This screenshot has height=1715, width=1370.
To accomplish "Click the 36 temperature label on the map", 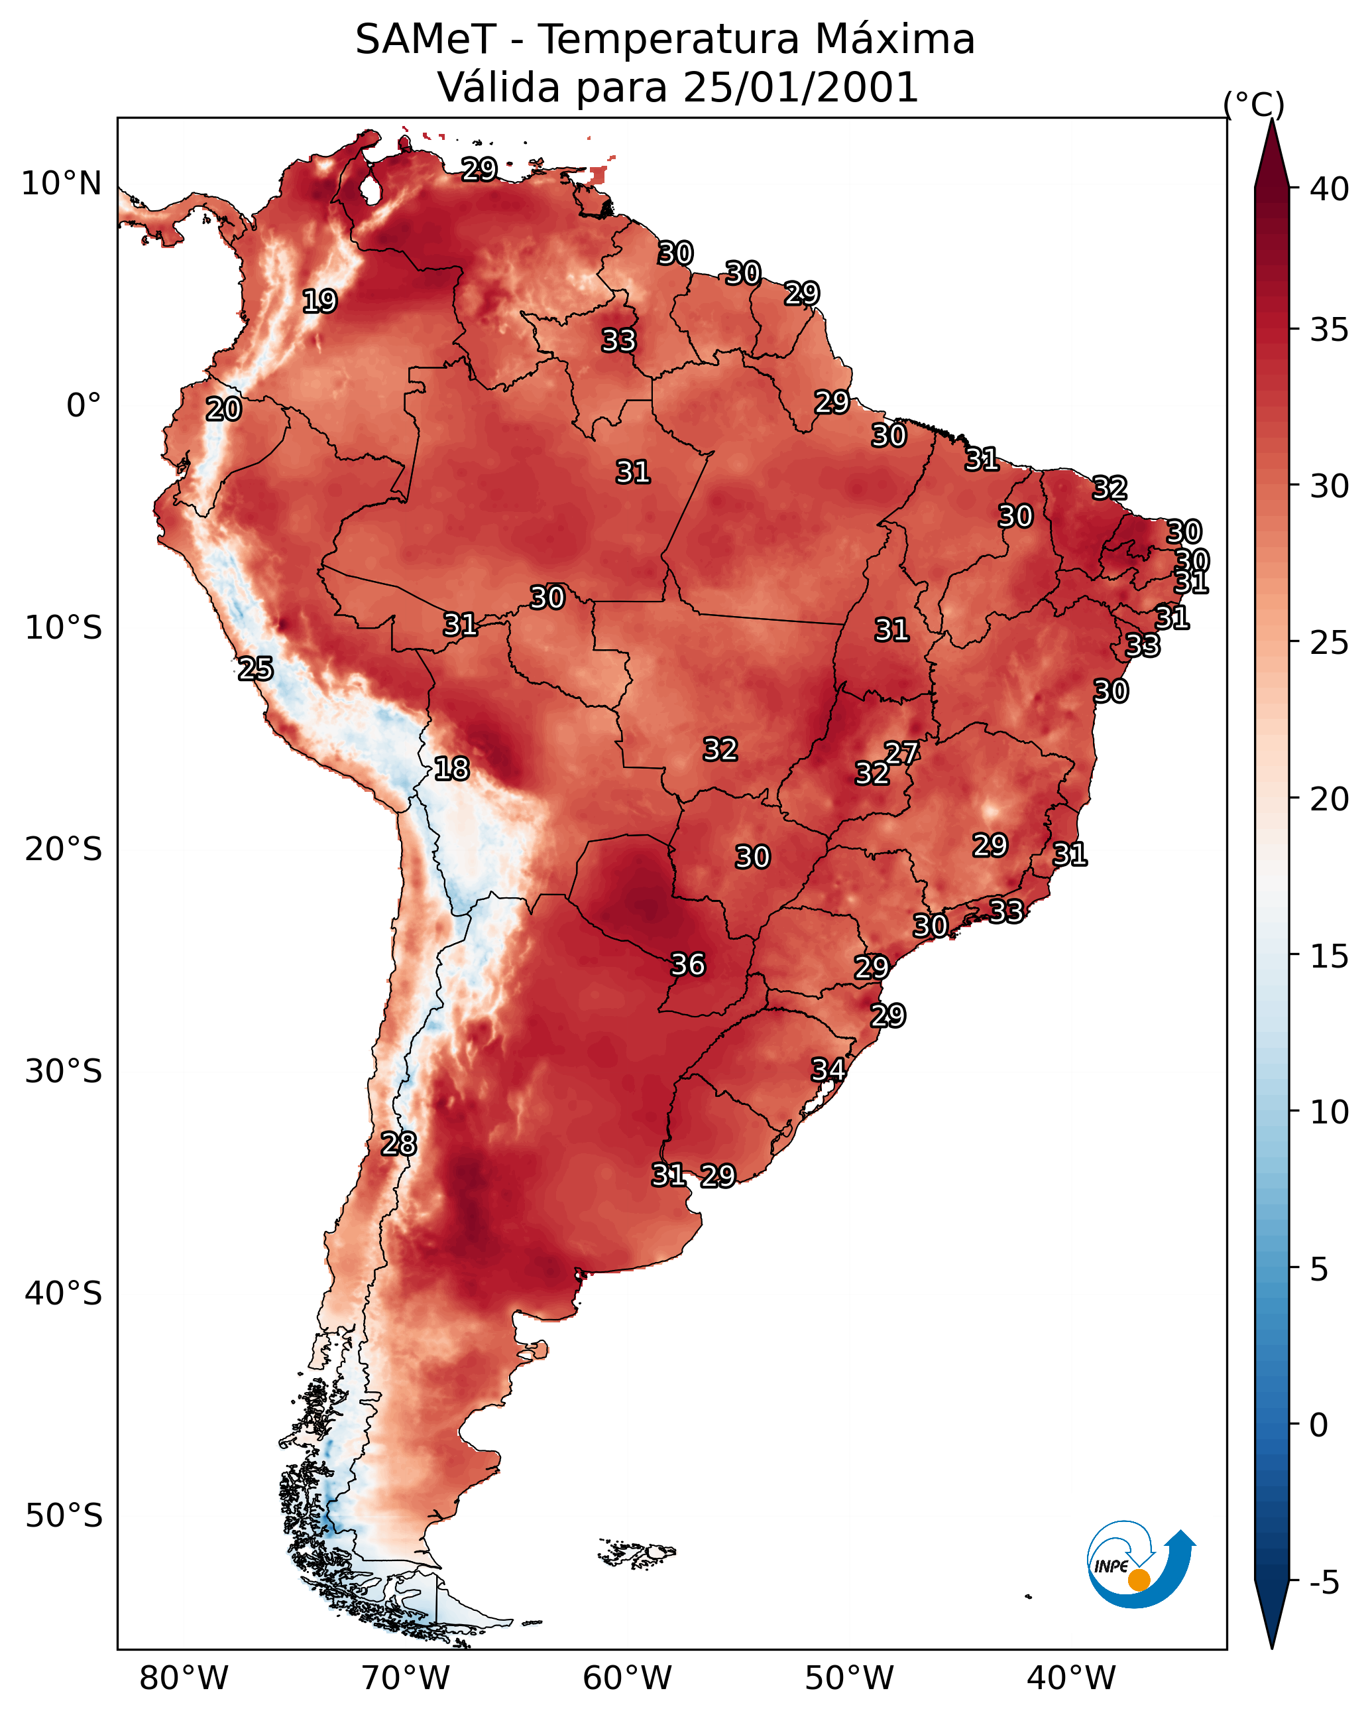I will [688, 964].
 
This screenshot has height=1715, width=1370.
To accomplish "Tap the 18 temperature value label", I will [451, 769].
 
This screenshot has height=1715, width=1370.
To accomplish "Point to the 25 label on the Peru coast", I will [255, 668].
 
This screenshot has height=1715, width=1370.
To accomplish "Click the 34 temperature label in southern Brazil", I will [828, 1069].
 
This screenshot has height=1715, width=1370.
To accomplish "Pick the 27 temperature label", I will [901, 753].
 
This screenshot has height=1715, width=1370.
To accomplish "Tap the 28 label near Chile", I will [398, 1143].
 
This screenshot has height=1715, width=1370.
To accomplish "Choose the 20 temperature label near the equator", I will [223, 409].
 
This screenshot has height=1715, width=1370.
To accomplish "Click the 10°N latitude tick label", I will [61, 184].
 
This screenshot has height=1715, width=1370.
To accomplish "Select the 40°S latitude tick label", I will [64, 1293].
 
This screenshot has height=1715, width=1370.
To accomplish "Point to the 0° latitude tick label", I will [84, 406].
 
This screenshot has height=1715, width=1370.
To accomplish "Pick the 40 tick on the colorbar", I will [1330, 189].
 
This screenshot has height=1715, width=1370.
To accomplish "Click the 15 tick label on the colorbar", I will [1330, 956].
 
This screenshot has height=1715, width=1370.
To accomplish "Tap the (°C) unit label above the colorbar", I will [1253, 104].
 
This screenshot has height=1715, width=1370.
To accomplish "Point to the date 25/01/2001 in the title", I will [800, 87].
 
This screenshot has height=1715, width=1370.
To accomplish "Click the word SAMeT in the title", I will [426, 39].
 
